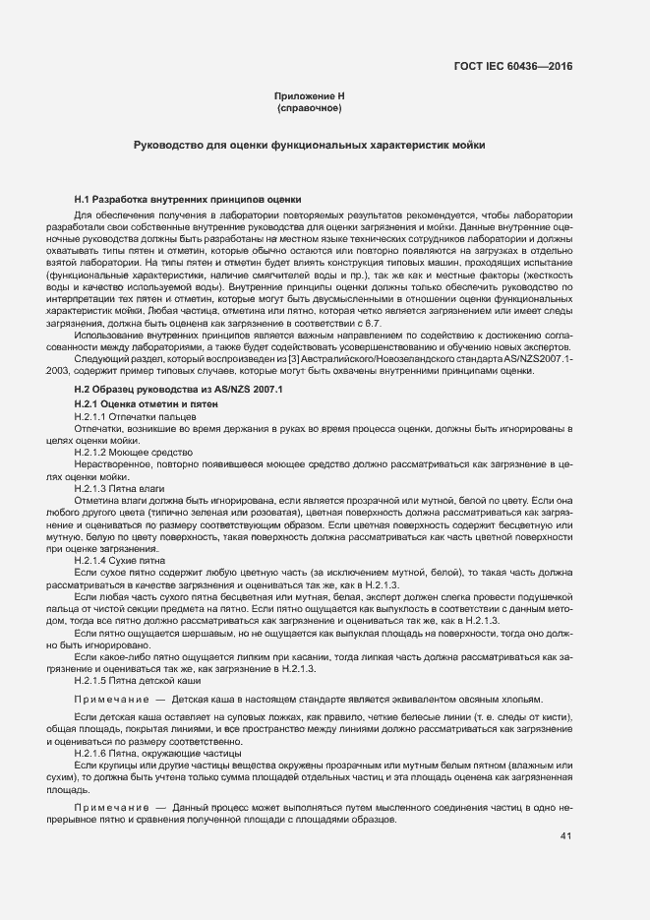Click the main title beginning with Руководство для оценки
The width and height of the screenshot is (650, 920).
tap(309, 145)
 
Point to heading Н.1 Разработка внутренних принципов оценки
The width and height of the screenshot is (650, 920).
tap(188, 200)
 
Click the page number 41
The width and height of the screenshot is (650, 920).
tap(565, 836)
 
